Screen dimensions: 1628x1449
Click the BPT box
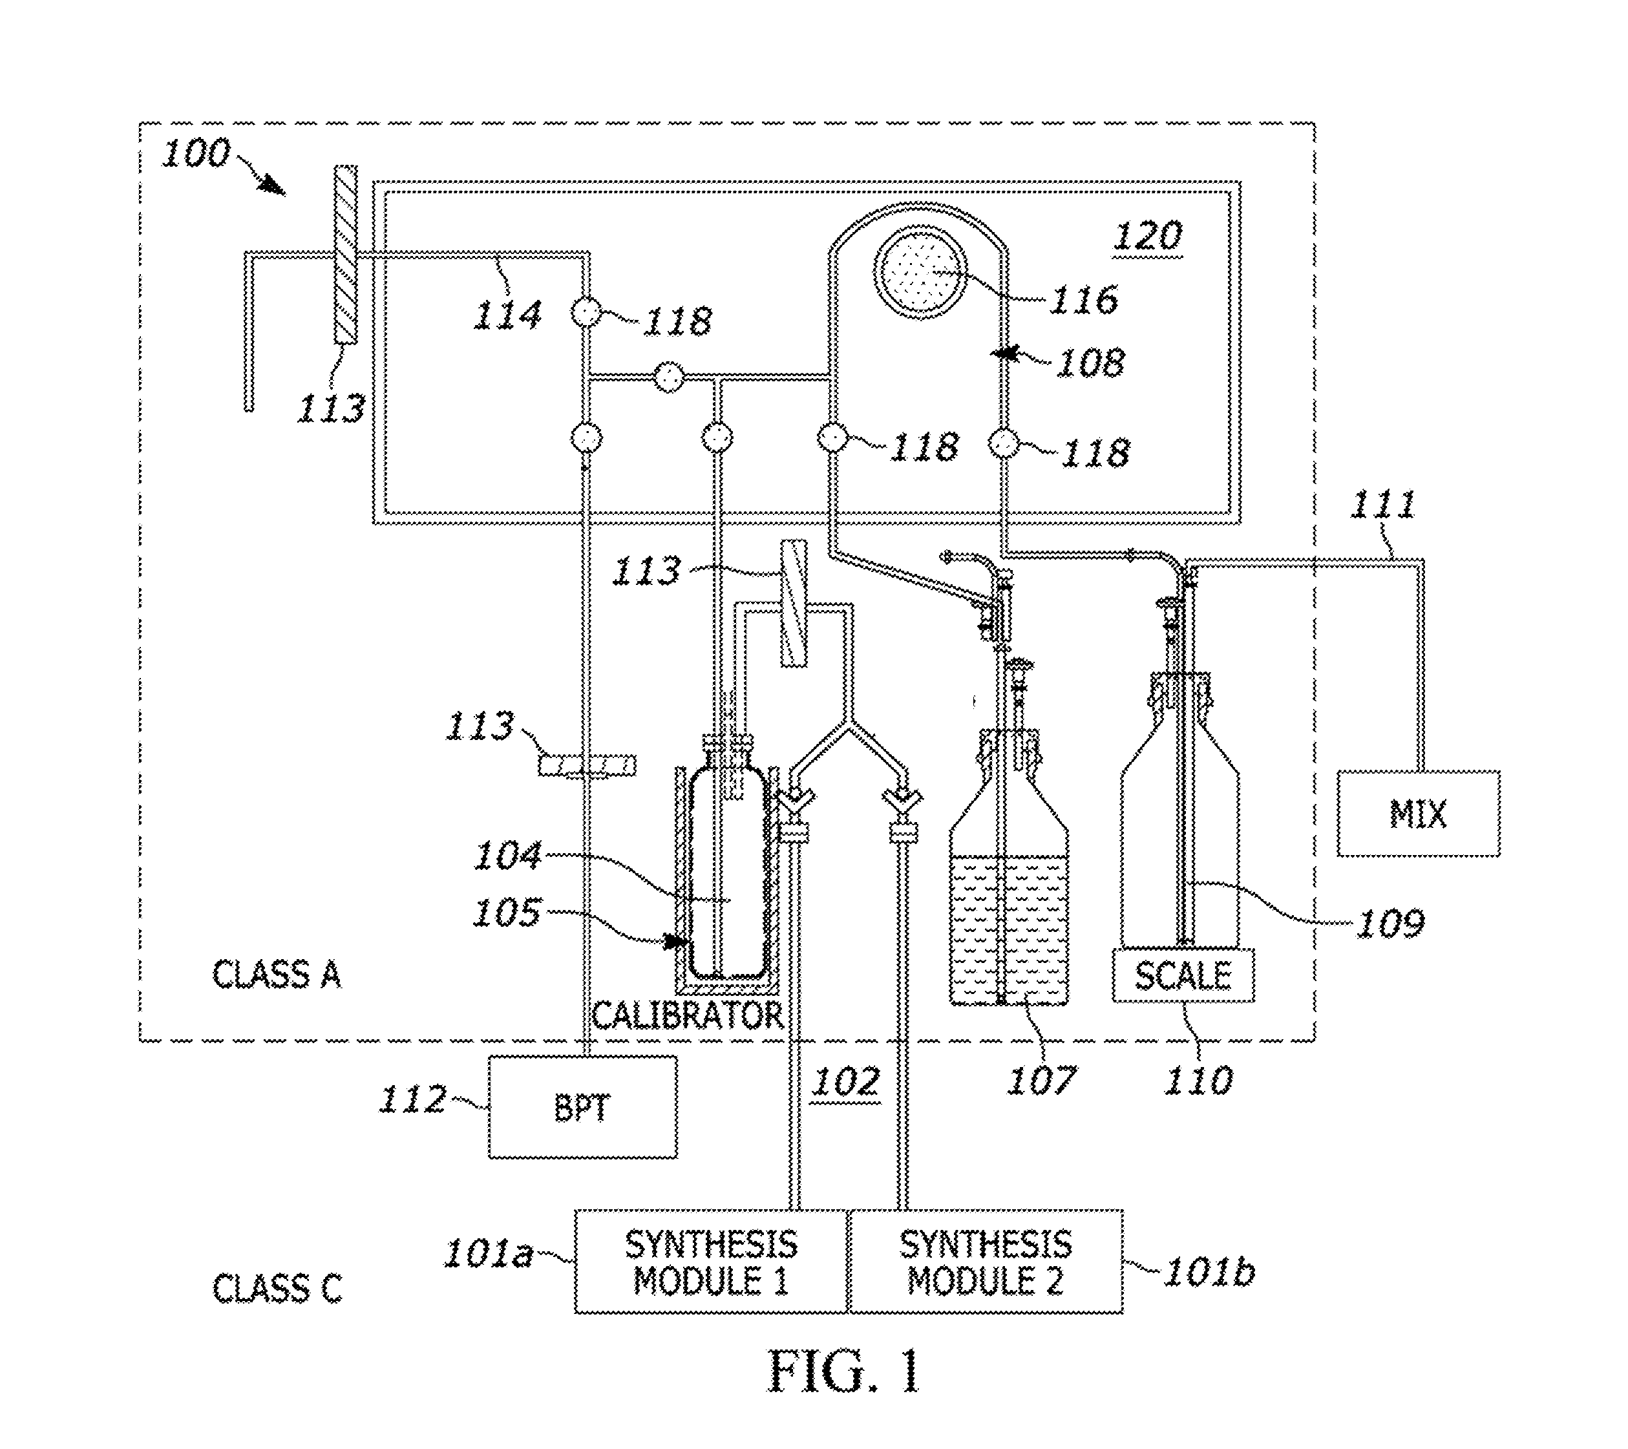coord(582,1106)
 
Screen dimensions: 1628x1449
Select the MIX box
coord(1419,813)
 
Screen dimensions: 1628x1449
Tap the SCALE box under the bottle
coord(1183,975)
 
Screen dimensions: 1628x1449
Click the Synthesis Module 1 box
coord(712,1261)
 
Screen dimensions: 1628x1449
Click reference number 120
coord(1148,237)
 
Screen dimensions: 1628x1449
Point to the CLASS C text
coord(277,1288)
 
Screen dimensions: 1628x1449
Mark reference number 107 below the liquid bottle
coord(1042,1080)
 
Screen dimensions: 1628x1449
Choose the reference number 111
coord(1382,504)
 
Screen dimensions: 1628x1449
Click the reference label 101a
coord(487,1253)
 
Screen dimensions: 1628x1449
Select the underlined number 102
coord(845,1082)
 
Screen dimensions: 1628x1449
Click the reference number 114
coord(508,315)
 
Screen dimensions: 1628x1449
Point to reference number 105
coord(507,912)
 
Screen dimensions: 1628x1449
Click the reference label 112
coord(412,1099)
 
